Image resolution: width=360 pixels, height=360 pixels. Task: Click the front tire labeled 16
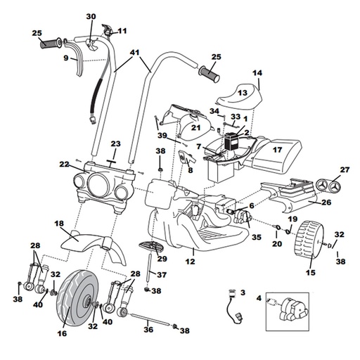[x=75, y=298]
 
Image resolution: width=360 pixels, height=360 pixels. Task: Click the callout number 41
[x=135, y=53]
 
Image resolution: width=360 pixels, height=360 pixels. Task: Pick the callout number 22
[x=64, y=165]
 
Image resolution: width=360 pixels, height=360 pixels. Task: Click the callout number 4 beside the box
[x=259, y=298]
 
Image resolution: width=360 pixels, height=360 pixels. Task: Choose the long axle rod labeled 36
[x=148, y=320]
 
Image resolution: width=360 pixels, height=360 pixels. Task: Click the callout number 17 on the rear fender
[x=277, y=150]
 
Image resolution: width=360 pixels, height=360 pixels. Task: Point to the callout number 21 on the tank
[x=196, y=127]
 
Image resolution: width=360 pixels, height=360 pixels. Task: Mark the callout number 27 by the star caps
[x=345, y=169]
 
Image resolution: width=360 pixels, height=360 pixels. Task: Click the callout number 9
[x=66, y=58]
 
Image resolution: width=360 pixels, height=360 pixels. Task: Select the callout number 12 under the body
[x=190, y=261]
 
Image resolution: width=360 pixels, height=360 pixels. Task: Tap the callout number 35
[x=257, y=237]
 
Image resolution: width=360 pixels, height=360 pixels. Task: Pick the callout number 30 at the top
[x=91, y=17]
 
